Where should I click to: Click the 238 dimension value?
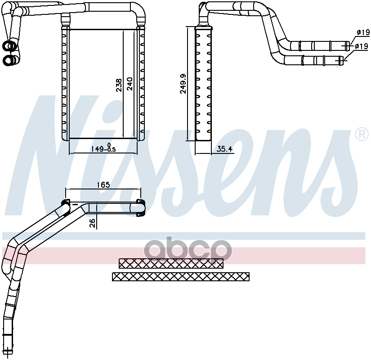(x=119, y=85)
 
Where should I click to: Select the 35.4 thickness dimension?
(x=224, y=149)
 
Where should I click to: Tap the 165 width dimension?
(x=103, y=184)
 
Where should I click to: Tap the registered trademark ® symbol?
(x=361, y=134)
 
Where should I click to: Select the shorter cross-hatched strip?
(x=171, y=263)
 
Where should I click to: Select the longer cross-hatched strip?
(x=181, y=276)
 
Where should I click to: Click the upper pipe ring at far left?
(x=9, y=46)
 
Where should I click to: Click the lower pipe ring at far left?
(x=9, y=60)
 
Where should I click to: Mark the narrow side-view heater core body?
(x=203, y=84)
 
